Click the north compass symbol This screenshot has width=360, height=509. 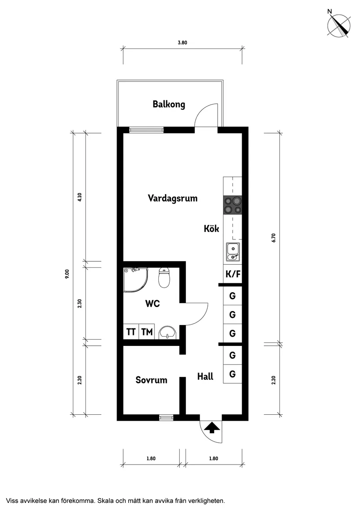click(339, 25)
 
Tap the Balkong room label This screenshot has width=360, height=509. click(169, 104)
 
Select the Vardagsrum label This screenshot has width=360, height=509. click(172, 198)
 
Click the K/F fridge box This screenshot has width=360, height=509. click(233, 274)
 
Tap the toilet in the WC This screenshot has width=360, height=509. click(164, 278)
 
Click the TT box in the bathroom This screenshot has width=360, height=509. click(131, 332)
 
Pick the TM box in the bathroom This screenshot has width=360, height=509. click(147, 332)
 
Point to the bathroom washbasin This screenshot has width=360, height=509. click(167, 332)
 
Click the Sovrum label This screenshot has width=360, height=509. click(151, 380)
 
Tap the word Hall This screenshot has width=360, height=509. click(205, 376)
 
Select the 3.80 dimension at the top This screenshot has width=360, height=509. click(182, 43)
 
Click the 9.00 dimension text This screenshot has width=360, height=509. click(67, 273)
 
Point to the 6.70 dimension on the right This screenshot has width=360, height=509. click(274, 238)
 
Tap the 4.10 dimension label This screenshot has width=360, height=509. click(79, 197)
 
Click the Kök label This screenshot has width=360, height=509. click(211, 229)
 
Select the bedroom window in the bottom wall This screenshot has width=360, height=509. click(166, 418)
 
